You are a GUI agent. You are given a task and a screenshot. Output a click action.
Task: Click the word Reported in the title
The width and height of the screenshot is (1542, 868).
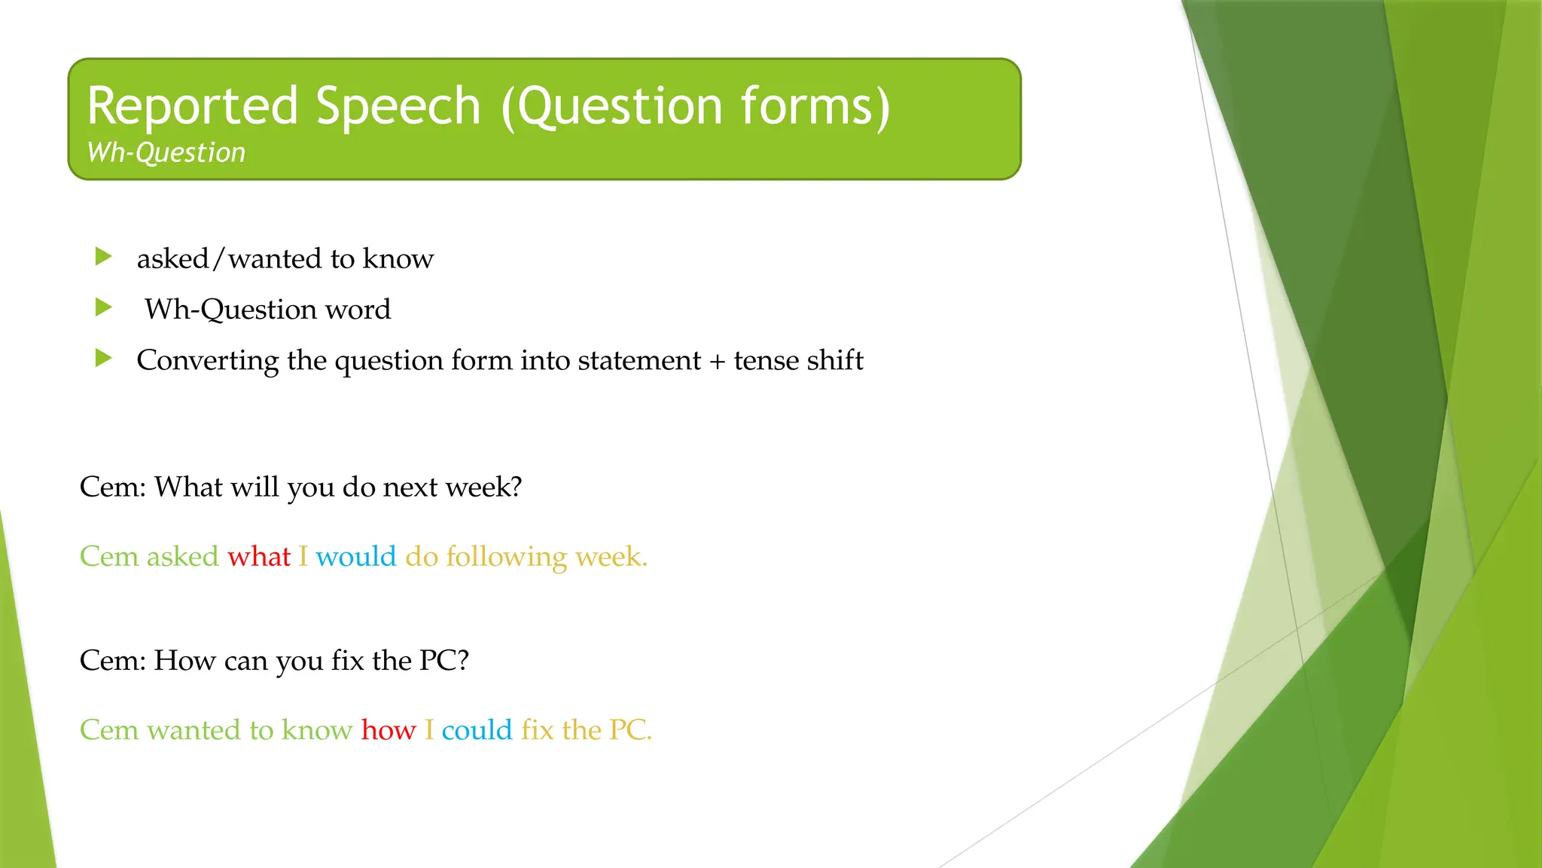pos(193,106)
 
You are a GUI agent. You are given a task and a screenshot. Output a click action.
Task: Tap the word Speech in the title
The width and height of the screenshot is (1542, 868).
pos(398,106)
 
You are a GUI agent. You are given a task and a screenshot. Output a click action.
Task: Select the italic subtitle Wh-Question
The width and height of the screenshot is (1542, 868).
pos(166,153)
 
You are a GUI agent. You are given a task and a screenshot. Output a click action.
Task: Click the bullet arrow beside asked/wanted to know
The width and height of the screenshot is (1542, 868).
pos(104,257)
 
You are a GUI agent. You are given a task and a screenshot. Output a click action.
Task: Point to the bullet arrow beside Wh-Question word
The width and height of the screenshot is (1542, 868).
pos(104,307)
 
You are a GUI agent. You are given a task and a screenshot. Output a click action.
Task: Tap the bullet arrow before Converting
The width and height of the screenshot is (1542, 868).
pos(104,358)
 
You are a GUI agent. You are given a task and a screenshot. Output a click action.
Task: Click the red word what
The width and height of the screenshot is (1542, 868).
pos(259,557)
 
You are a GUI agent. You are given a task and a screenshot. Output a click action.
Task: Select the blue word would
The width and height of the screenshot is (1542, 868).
pos(355,557)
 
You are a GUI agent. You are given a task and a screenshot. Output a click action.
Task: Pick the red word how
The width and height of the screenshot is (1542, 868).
pos(388,730)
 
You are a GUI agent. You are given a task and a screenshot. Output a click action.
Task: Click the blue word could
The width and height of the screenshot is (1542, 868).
pos(477,730)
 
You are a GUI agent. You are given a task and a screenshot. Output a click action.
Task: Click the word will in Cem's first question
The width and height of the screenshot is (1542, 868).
pos(255,487)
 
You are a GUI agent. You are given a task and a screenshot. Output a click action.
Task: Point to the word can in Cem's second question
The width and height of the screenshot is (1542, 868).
pos(245,661)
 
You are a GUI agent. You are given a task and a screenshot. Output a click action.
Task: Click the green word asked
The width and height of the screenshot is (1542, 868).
pos(182,557)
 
